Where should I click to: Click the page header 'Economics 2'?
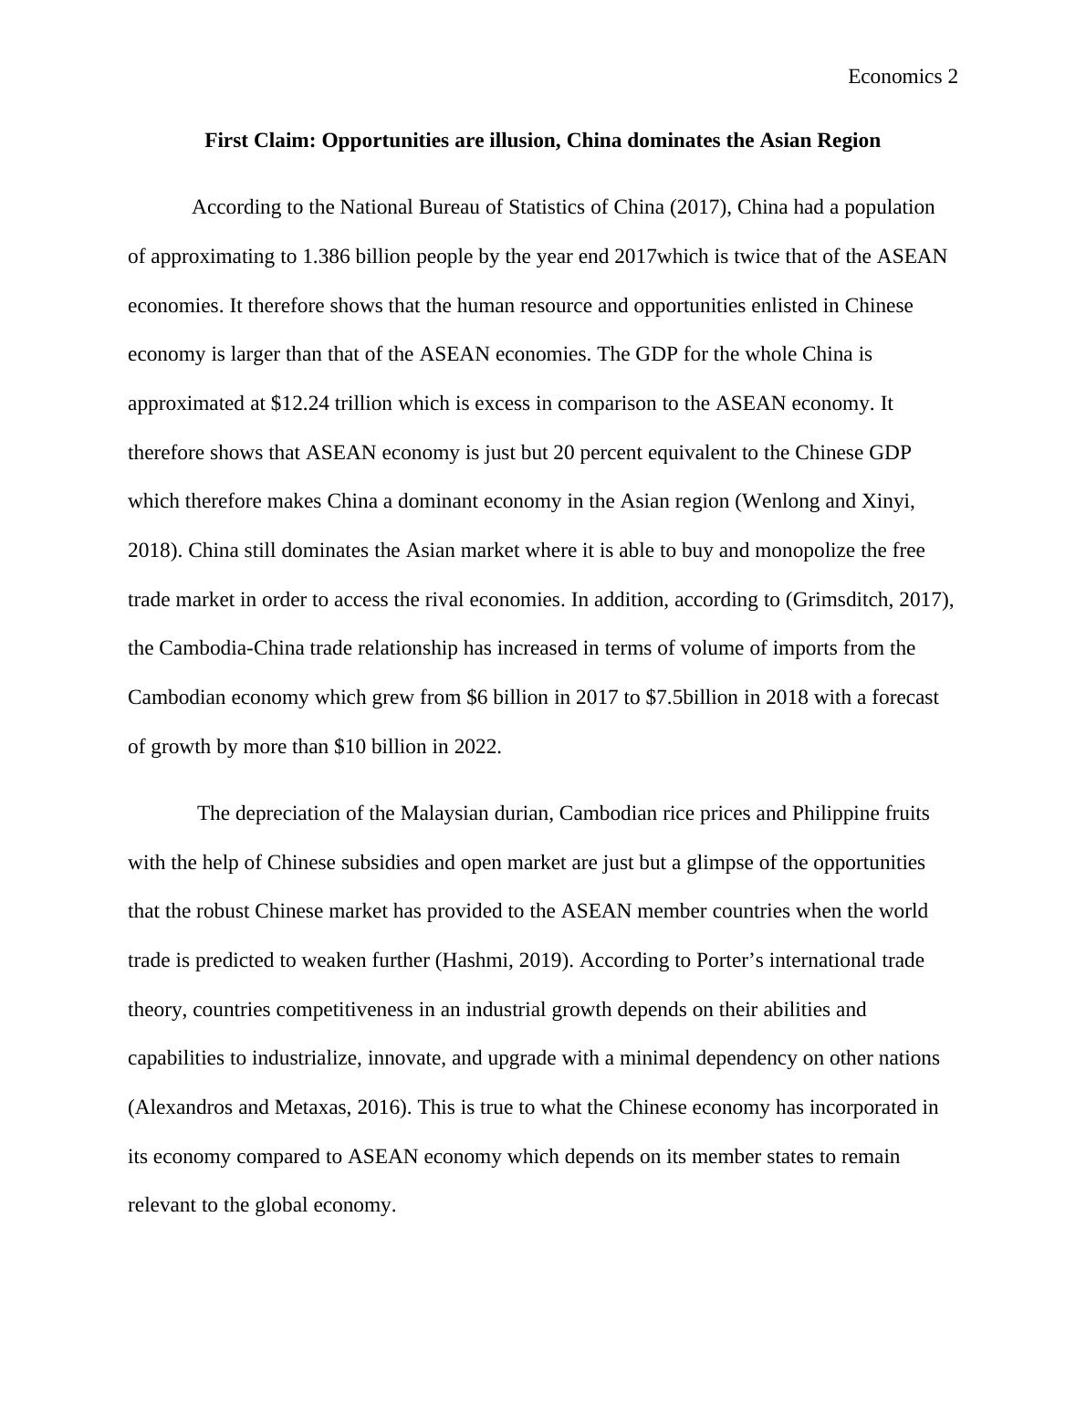coord(903,77)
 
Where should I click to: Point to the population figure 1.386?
coord(326,257)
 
